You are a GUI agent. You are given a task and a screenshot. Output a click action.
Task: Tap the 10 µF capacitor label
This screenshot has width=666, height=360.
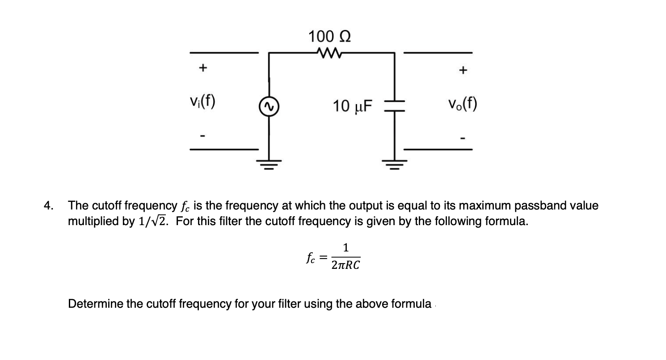click(352, 106)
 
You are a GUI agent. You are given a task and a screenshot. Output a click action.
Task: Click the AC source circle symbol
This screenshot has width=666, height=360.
click(269, 105)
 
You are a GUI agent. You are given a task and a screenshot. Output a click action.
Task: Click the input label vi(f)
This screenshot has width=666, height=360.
click(201, 103)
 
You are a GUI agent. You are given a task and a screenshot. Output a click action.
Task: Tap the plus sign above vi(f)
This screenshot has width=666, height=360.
click(202, 68)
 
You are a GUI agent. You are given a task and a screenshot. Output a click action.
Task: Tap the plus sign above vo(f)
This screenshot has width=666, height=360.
click(464, 70)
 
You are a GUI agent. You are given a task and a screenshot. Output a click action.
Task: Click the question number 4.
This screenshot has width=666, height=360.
click(48, 206)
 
